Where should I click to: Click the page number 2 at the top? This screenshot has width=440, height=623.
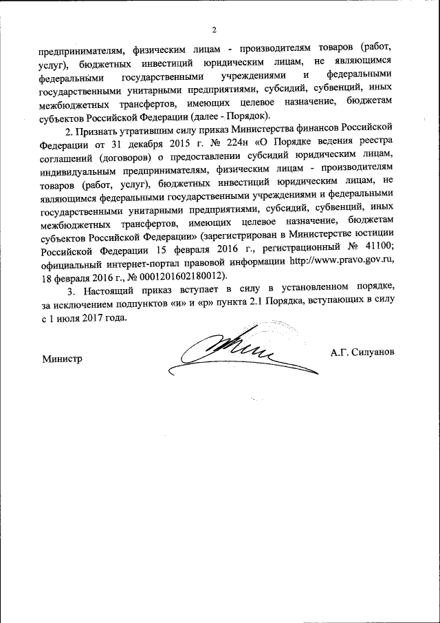tap(214, 29)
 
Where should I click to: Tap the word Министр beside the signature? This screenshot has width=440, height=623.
tap(61, 359)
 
